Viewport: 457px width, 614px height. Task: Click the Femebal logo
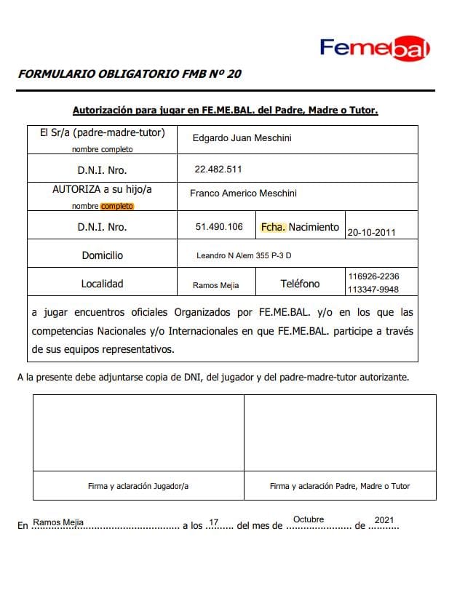375,48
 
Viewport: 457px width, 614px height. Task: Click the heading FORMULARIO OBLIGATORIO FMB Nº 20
130,73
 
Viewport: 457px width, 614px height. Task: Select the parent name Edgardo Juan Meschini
242,137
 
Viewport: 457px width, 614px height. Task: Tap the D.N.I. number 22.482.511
218,169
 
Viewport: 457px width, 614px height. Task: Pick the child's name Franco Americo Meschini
243,194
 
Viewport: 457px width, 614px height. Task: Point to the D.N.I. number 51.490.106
219,227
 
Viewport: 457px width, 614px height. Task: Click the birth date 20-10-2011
372,233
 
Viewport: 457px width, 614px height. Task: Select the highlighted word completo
117,206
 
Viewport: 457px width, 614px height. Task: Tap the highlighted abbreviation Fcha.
273,227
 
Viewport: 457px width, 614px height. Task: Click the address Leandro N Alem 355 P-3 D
245,256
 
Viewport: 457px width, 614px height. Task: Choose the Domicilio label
103,255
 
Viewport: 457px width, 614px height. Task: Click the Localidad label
103,284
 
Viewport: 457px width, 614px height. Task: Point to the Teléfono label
300,284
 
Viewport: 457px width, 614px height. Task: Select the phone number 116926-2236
373,276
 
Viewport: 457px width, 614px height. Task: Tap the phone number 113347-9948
373,290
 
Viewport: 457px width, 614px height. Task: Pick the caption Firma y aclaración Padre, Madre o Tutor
340,486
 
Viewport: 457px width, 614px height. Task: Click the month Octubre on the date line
309,519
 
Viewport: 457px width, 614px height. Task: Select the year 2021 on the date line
384,520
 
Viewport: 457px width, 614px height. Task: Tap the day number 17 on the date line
214,522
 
